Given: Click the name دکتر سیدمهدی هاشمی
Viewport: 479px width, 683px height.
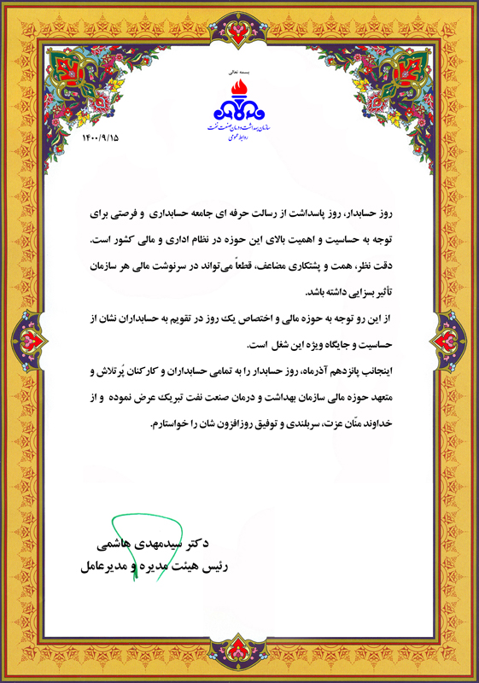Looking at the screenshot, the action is point(160,543).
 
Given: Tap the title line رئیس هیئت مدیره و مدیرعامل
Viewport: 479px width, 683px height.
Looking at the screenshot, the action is point(157,565).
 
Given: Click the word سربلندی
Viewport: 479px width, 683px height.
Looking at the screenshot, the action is point(304,424).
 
